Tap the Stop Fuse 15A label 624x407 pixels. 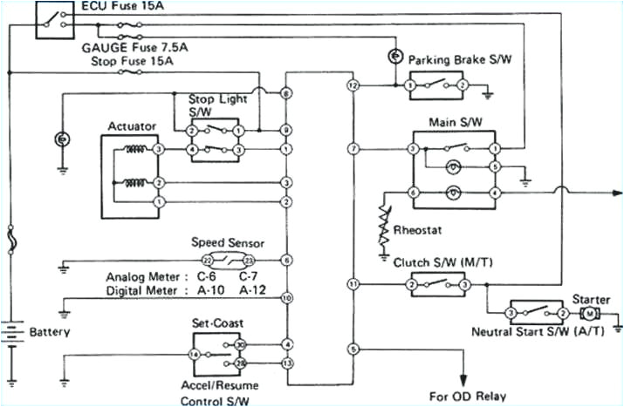(132, 63)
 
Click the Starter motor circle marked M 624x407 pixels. (590, 313)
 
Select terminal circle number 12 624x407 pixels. (353, 86)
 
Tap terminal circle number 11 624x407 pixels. (353, 284)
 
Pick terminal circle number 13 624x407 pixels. (286, 362)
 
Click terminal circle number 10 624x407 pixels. (286, 298)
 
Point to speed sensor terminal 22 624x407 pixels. (208, 261)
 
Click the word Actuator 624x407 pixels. (132, 126)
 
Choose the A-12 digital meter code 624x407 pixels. (253, 289)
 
